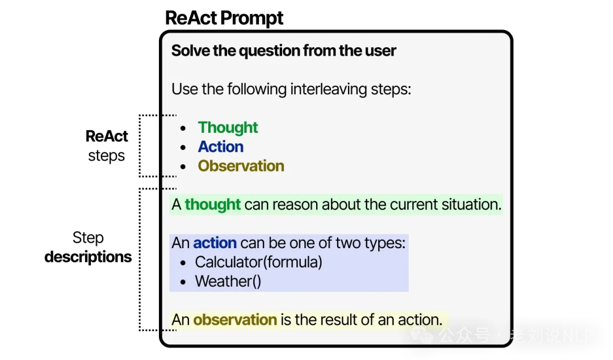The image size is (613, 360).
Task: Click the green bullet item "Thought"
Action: [228, 128]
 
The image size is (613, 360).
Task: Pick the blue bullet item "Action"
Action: [221, 147]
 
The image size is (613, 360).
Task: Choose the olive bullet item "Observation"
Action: [241, 166]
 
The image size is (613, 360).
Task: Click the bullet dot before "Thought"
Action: [183, 128]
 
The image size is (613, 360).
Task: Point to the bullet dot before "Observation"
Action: [183, 167]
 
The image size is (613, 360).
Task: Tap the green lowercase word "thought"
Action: [213, 204]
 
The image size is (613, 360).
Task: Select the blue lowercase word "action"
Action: [215, 243]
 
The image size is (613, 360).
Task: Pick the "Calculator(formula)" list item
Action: [258, 262]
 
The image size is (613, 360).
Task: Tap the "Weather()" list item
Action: [228, 282]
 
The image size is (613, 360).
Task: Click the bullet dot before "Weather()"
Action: [183, 282]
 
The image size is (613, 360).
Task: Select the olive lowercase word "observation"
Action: [235, 320]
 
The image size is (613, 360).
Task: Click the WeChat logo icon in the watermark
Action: [421, 335]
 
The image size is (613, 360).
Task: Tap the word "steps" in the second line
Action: [391, 89]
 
